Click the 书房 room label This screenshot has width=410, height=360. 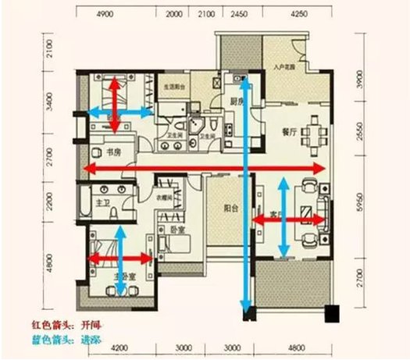[x=102, y=153]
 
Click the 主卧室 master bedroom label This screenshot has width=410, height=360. [x=123, y=276]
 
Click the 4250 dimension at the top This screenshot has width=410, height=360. [x=300, y=13]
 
